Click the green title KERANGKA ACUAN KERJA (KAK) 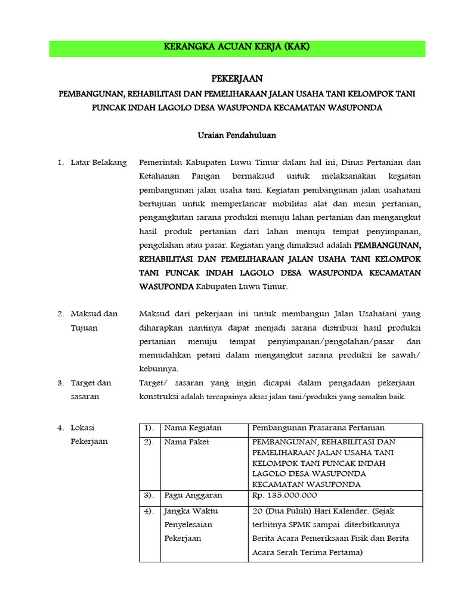pos(237,48)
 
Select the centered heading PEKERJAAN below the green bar pos(237,79)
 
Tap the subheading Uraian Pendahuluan pos(237,135)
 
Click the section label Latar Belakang pos(98,163)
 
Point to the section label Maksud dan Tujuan pos(94,320)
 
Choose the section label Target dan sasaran pos(91,389)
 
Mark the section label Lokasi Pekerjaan pos(89,434)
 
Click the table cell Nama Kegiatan pos(193,428)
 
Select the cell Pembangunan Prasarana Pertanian pos(318,428)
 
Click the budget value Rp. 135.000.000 pos(284,495)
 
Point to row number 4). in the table pos(149,511)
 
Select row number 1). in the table pos(149,428)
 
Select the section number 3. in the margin pos(60,382)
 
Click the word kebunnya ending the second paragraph pos(156,369)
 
